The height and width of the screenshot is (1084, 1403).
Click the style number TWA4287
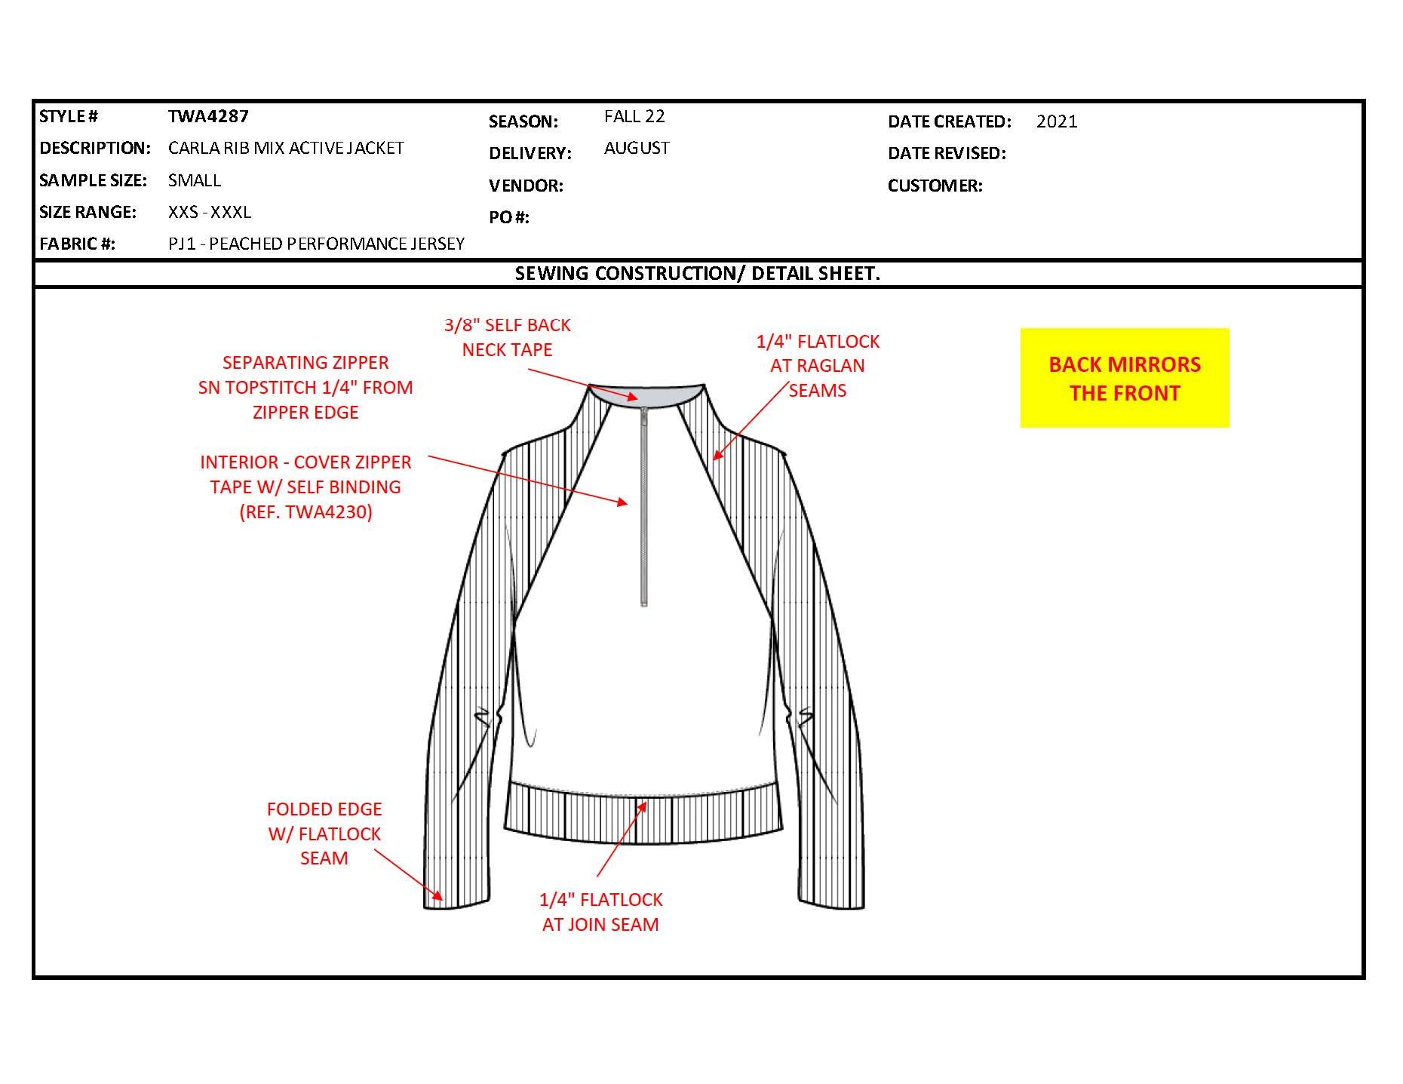tap(208, 116)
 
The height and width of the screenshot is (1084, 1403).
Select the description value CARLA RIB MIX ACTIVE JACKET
tap(286, 148)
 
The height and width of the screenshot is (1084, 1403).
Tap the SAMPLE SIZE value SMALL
tap(195, 180)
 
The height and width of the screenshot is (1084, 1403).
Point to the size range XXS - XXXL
tap(210, 212)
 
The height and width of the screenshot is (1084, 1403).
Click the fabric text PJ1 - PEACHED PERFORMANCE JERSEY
tap(316, 244)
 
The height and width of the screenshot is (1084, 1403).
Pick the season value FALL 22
tap(634, 116)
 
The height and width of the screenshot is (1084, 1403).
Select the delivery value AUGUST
tap(637, 148)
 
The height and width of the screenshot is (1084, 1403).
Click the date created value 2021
tap(1057, 121)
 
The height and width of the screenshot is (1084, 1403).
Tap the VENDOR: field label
tap(526, 186)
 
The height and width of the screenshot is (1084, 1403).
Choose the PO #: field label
tap(509, 217)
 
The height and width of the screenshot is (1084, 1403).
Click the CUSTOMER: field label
tap(935, 186)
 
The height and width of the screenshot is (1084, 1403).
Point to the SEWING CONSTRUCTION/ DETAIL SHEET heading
tap(697, 273)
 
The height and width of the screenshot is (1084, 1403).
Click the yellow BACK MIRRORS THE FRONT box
tap(1124, 378)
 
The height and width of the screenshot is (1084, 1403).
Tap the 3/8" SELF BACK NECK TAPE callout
tap(507, 337)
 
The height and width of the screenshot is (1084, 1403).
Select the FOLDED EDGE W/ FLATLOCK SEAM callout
tap(324, 834)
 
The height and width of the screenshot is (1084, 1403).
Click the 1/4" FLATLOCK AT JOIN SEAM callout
tap(600, 911)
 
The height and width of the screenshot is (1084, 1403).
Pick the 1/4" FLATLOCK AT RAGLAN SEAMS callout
tap(818, 366)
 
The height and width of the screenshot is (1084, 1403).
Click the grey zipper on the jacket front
tap(643, 505)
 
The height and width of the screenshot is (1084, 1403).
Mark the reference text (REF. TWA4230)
tap(305, 512)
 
